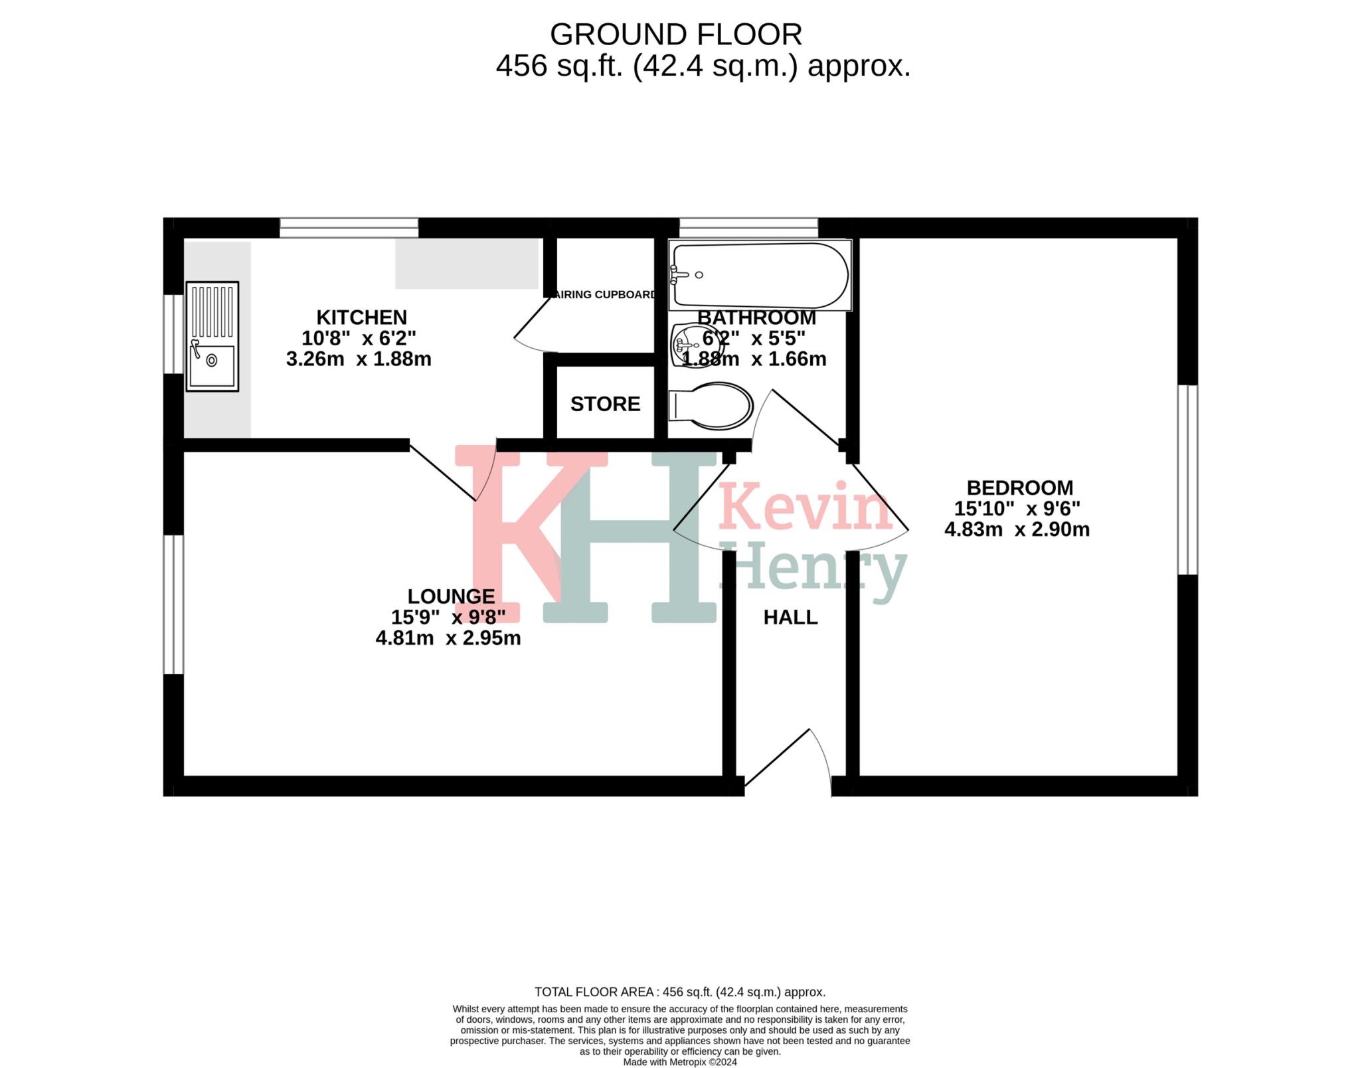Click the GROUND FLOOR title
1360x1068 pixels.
[675, 35]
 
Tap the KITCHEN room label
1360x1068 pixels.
[361, 317]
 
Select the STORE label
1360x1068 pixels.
[605, 404]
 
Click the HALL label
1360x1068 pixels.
[790, 618]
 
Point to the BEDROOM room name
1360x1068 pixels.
[1019, 488]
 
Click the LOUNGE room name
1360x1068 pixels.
[451, 596]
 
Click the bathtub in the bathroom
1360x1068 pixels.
[760, 275]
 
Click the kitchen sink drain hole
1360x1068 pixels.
[212, 361]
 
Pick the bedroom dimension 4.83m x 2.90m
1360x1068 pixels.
[1017, 530]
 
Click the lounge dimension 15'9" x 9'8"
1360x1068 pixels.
[448, 618]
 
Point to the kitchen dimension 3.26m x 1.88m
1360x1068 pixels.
[359, 359]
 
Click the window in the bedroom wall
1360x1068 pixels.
[1187, 480]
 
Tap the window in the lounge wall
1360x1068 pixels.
[173, 604]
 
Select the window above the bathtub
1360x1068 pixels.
[748, 228]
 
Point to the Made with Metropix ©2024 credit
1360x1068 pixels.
[679, 1062]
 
